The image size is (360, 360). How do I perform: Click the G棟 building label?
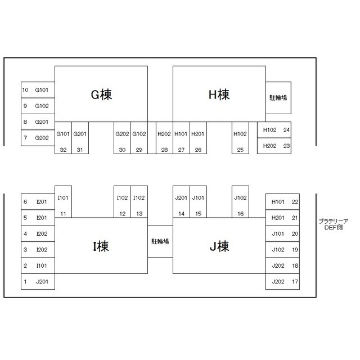coord(101,94)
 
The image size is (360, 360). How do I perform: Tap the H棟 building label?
coord(219,94)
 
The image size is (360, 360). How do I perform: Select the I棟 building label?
coord(101,246)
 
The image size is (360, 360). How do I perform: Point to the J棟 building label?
coord(219,246)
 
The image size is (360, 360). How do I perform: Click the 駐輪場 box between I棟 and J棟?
coord(160,241)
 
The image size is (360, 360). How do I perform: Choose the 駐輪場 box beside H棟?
coord(278,98)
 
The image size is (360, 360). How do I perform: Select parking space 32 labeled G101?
coord(63,138)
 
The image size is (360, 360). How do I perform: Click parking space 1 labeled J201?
coord(38,281)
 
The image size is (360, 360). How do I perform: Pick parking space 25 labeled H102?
coord(240,138)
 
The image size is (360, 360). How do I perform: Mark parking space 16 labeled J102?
coord(240,201)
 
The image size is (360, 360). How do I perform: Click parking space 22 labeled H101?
coord(282,202)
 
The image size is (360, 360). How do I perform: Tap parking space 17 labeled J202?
coord(282,281)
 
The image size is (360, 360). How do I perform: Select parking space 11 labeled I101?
coord(63,201)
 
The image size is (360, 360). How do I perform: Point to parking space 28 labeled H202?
coord(164,138)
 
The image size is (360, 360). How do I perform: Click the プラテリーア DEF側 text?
coord(334,224)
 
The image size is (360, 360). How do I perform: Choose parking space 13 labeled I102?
coord(139,201)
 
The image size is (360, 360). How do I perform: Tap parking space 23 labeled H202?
coord(274,146)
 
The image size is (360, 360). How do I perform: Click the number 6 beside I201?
coord(25,202)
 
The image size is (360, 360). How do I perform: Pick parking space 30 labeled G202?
coord(123,138)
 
